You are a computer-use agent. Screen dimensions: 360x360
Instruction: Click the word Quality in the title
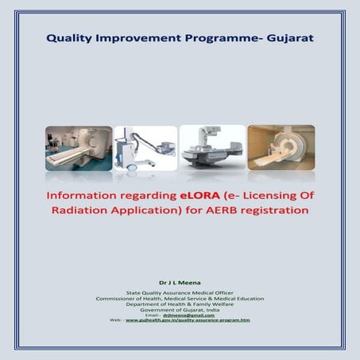pyautogui.click(x=72, y=37)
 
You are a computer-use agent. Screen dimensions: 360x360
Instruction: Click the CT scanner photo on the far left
pyautogui.click(x=78, y=149)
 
